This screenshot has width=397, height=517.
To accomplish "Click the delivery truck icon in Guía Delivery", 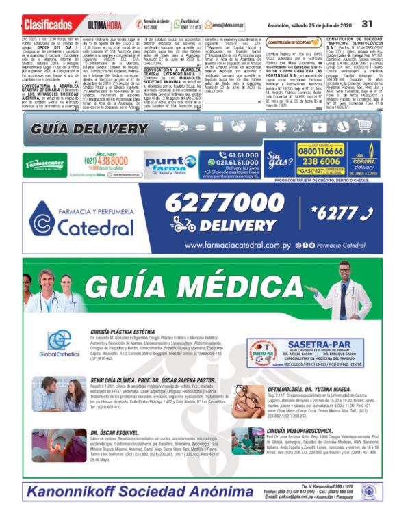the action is tap(176, 127).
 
